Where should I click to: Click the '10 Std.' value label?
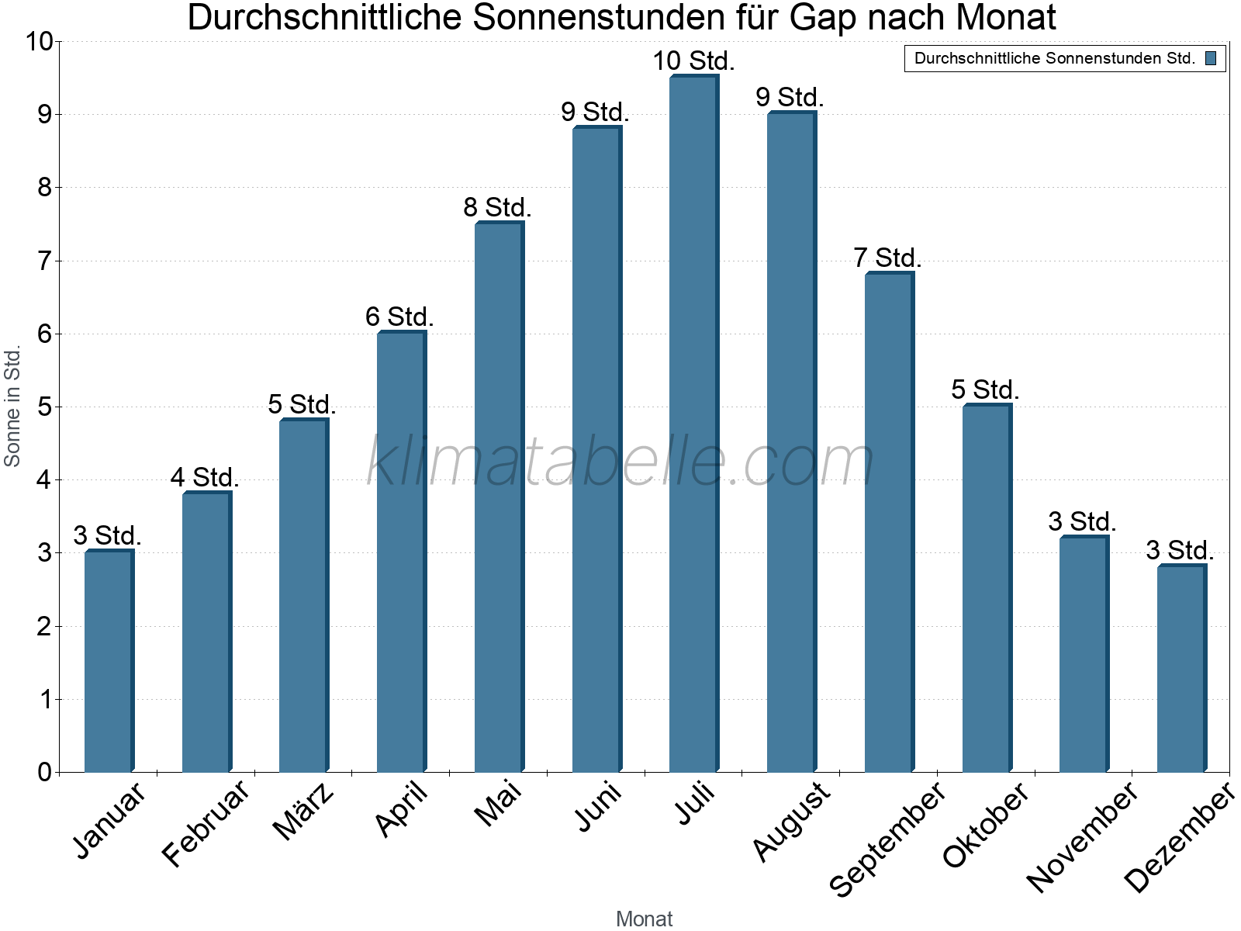693,61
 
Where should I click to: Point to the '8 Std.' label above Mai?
497,208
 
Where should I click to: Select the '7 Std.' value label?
887,258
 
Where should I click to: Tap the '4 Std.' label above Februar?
205,477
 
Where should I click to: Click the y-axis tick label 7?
43,261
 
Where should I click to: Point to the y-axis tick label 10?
38,42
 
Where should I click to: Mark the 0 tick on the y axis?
43,772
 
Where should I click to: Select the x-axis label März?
304,812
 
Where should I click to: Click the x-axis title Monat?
644,919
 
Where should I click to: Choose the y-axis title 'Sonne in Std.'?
12,406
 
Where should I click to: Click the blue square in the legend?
1211,58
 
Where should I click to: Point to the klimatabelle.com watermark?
620,462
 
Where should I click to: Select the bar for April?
401,552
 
